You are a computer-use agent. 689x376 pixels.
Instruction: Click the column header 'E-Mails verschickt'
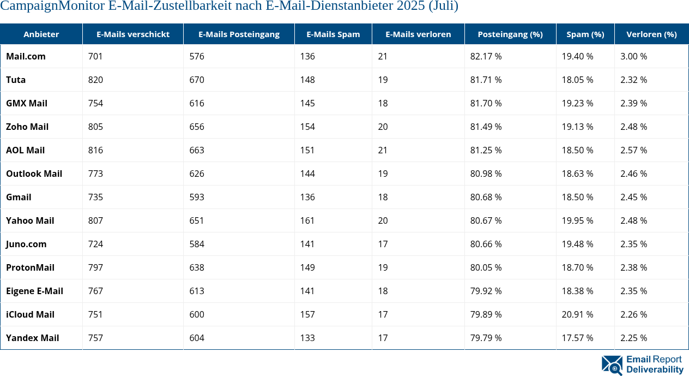(132, 34)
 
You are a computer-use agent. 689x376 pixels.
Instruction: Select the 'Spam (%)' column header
(585, 34)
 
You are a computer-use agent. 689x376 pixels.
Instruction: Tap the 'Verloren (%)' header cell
(651, 34)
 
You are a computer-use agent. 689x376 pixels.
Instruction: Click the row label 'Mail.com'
(26, 56)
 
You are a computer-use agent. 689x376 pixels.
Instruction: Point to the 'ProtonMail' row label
(30, 267)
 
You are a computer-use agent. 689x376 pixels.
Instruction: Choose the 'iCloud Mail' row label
(30, 314)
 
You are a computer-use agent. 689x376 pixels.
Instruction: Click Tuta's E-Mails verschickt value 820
(95, 80)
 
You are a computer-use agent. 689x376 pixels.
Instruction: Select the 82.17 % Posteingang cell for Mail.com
(486, 56)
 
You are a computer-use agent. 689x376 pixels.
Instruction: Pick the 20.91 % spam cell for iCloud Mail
(577, 314)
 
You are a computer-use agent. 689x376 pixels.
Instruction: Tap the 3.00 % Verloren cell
(633, 56)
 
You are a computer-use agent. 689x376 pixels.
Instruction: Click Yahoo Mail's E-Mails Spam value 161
(307, 220)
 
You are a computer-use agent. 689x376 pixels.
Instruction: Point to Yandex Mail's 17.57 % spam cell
(577, 338)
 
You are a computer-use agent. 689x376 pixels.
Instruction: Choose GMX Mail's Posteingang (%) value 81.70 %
(486, 103)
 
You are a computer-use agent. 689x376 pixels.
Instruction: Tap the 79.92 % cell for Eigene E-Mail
(486, 291)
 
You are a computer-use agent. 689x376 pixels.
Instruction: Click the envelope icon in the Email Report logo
(612, 365)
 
